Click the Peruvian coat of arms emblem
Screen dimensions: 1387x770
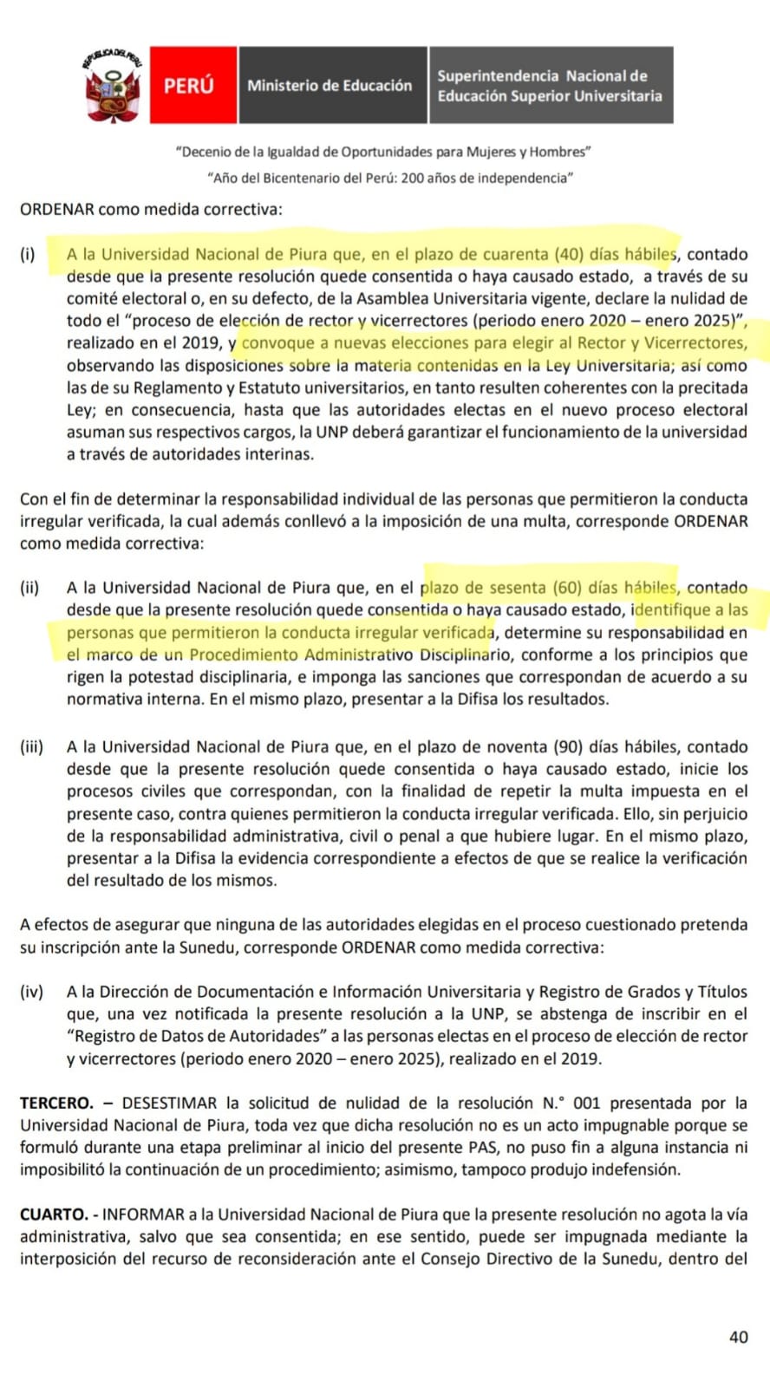pyautogui.click(x=112, y=85)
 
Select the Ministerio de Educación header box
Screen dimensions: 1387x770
pyautogui.click(x=330, y=85)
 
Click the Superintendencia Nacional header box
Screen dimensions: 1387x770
pyautogui.click(x=550, y=85)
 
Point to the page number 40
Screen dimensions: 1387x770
pyautogui.click(x=738, y=1337)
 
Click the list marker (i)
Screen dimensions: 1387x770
pyautogui.click(x=28, y=254)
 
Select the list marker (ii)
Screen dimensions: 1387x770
pyautogui.click(x=30, y=587)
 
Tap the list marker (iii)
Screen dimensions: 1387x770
pyautogui.click(x=32, y=746)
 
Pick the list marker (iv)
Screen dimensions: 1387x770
pyautogui.click(x=32, y=991)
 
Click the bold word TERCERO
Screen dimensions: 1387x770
pyautogui.click(x=56, y=1103)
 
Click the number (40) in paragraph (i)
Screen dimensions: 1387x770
pyautogui.click(x=569, y=254)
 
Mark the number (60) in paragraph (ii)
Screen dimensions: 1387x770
pyautogui.click(x=569, y=587)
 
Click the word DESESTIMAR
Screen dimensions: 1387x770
pyautogui.click(x=169, y=1103)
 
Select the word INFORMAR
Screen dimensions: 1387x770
pyautogui.click(x=144, y=1214)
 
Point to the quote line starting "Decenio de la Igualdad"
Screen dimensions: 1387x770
pyautogui.click(x=384, y=152)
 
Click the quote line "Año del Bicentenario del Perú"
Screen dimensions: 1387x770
pyautogui.click(x=390, y=178)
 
